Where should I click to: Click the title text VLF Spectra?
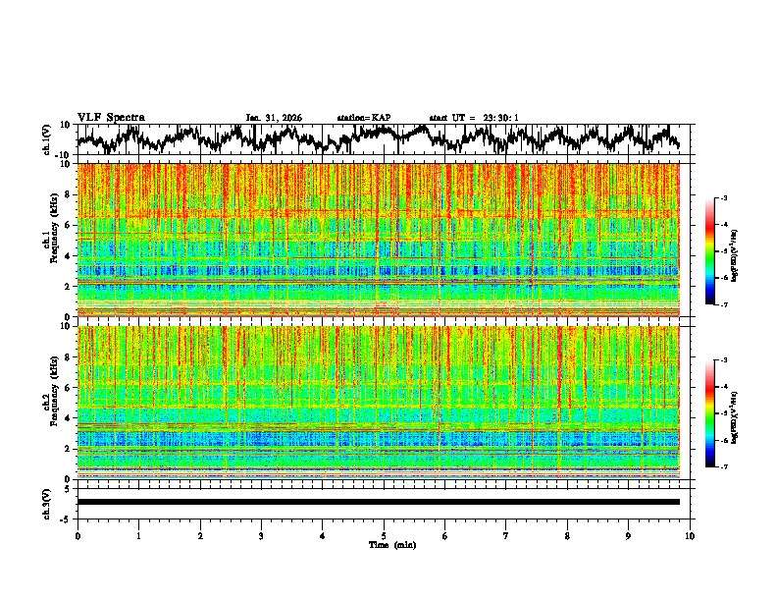111,118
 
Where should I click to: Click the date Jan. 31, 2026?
274,118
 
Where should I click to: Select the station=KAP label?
364,118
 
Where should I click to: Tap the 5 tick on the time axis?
384,535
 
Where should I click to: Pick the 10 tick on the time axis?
690,535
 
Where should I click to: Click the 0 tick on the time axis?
78,535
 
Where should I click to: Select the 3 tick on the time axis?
261,535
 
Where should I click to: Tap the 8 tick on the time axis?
567,535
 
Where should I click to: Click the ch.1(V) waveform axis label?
47,139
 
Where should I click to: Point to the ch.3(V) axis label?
47,502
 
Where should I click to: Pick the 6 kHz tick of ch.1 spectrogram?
68,225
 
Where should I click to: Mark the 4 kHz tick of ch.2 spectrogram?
68,418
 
